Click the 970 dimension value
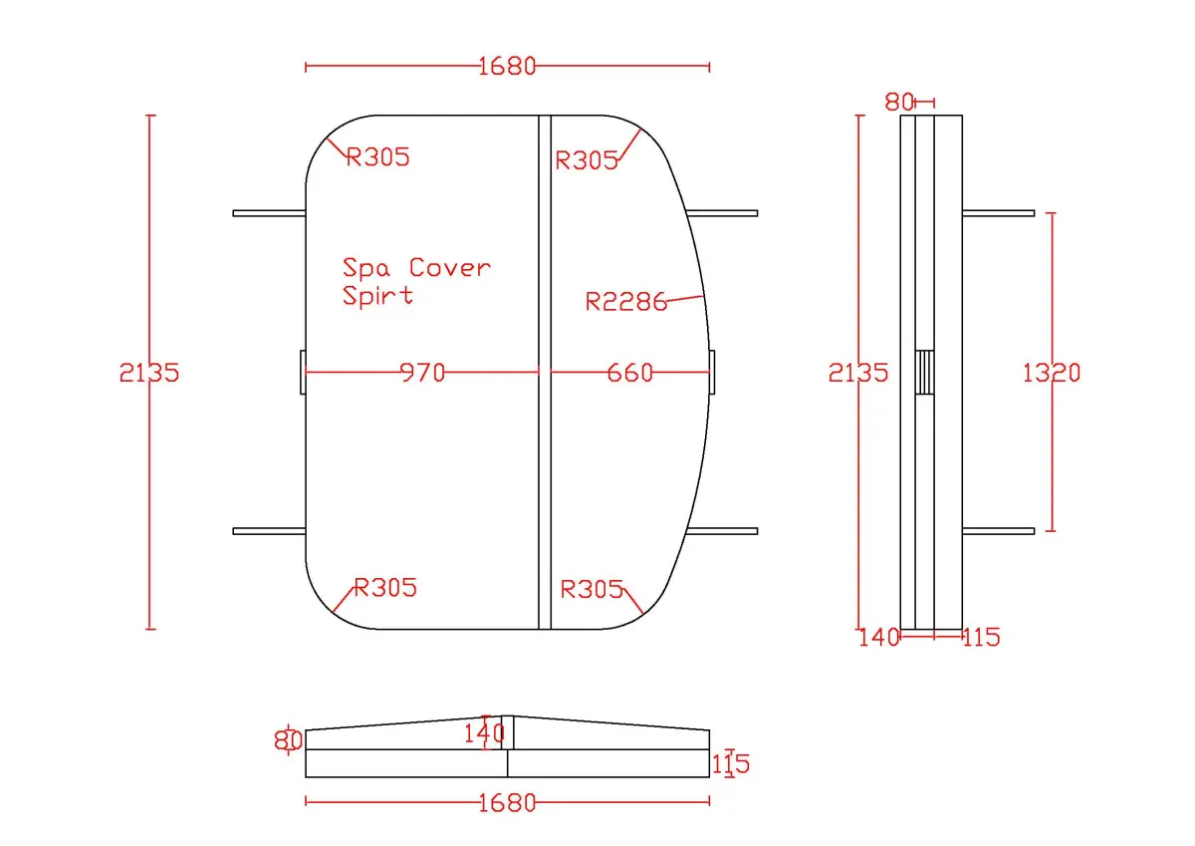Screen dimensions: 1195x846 [422, 373]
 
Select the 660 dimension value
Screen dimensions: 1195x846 [630, 373]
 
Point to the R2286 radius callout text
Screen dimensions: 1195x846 [626, 302]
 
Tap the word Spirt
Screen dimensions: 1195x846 [377, 295]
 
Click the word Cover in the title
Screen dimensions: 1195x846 [450, 267]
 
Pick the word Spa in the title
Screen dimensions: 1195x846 [366, 268]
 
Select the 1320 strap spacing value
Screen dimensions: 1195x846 [1052, 373]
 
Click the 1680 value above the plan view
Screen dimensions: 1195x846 [507, 67]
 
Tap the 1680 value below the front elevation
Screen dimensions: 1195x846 [507, 803]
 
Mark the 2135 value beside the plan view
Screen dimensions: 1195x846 [149, 373]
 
